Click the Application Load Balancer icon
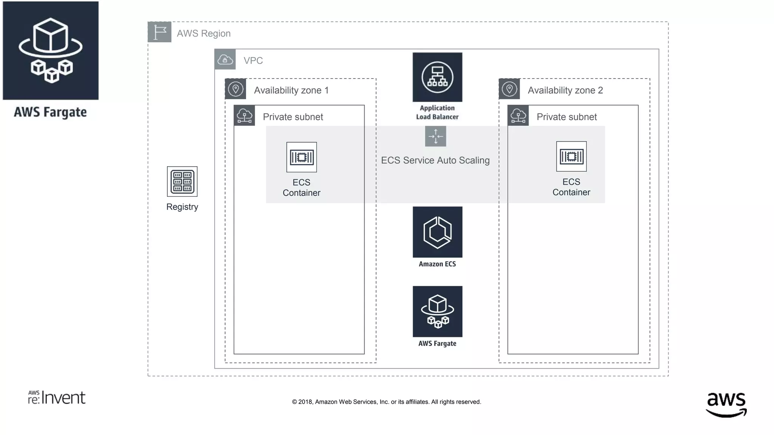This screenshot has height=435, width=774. [x=437, y=77]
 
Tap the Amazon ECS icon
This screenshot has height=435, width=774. [x=437, y=232]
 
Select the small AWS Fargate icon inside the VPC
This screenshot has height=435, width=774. [x=437, y=311]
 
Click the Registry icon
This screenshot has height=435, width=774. [x=182, y=181]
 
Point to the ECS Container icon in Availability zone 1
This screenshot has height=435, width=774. [x=301, y=157]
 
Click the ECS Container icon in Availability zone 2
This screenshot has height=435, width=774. [x=571, y=156]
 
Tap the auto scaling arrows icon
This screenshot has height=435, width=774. [x=435, y=136]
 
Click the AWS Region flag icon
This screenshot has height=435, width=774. [x=159, y=32]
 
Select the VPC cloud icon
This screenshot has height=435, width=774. [x=225, y=59]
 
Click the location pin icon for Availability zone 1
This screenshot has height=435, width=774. [x=235, y=89]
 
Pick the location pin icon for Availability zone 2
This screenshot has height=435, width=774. [x=509, y=89]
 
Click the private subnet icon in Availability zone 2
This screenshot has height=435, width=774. [x=518, y=116]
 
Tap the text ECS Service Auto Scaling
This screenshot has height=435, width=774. [x=435, y=160]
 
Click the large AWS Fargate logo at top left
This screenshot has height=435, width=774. [x=51, y=51]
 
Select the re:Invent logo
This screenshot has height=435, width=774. [x=57, y=398]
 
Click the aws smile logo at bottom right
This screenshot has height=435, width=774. [x=726, y=404]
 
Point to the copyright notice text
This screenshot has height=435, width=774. [x=386, y=402]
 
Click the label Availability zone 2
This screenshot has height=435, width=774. [x=565, y=90]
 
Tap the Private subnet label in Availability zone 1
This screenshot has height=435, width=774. [x=293, y=117]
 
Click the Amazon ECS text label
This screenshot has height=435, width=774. [x=437, y=264]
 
